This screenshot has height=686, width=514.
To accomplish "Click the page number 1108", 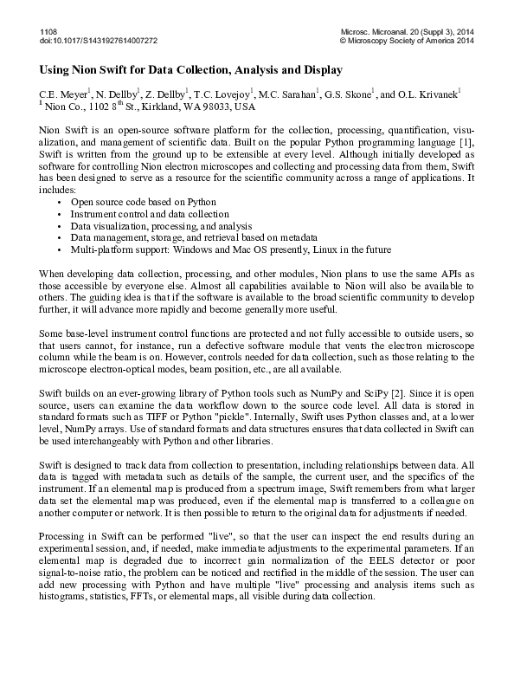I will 48,30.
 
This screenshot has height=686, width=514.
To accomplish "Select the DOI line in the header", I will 99,40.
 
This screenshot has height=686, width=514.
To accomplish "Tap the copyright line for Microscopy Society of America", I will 407,40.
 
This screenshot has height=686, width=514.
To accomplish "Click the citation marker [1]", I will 464,141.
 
